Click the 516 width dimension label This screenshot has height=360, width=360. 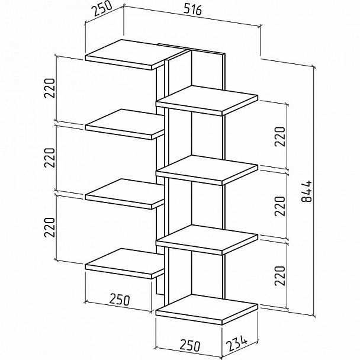point(192,10)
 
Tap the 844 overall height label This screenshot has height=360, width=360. point(307,191)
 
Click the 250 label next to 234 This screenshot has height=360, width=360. point(190,346)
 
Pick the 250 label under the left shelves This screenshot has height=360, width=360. point(120,300)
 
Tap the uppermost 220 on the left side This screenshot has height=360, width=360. point(50,88)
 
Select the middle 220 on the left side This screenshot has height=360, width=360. point(50,157)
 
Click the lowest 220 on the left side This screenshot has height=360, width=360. point(50,227)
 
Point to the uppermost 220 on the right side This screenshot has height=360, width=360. point(279,136)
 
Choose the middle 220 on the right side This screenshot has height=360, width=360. point(279,206)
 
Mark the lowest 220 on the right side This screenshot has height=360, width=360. point(279,275)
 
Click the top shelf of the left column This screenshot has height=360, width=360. point(136,54)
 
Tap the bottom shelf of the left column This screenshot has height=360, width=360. point(125,263)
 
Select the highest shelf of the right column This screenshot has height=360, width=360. point(207,101)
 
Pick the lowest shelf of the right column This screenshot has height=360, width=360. point(207,310)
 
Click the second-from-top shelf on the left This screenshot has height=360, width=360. point(125,124)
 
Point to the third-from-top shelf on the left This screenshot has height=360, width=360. point(125,194)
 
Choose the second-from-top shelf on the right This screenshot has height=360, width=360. point(207,171)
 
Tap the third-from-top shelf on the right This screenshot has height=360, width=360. point(207,240)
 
